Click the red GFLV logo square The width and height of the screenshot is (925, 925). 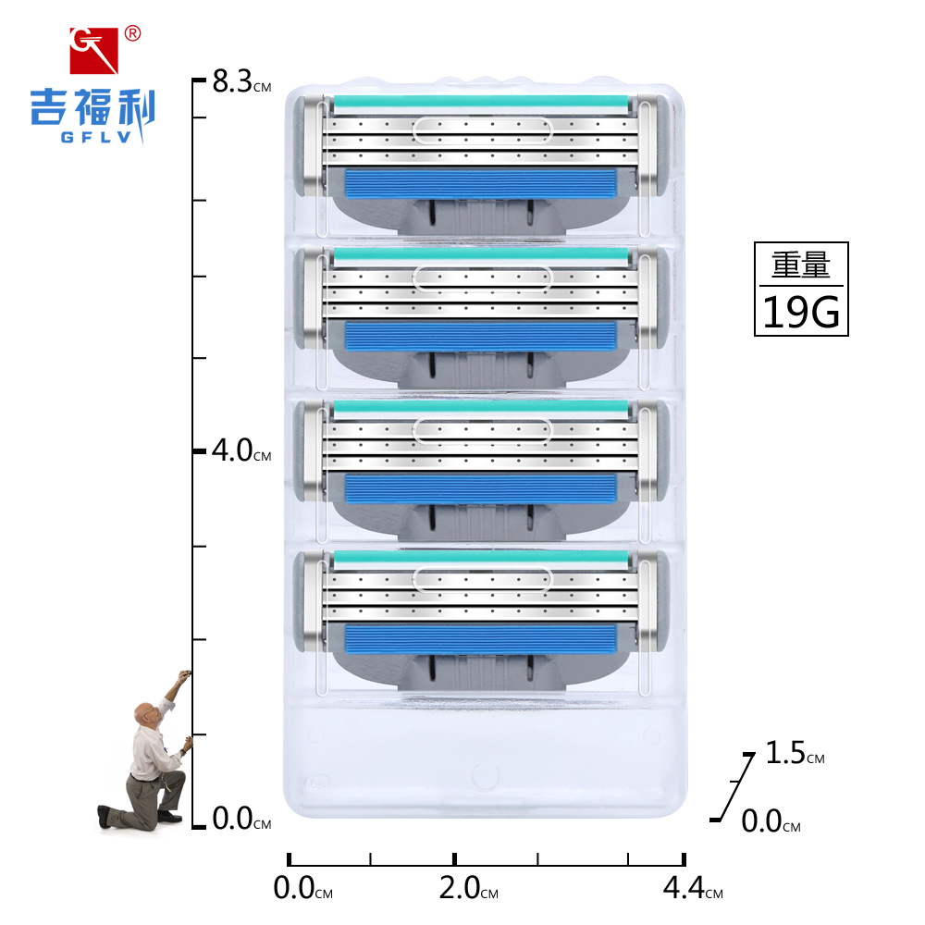pyautogui.click(x=93, y=50)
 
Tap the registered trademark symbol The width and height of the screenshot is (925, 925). pyautogui.click(x=132, y=33)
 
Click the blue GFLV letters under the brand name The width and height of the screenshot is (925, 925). pyautogui.click(x=95, y=138)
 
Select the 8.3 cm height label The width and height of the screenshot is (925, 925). pyautogui.click(x=241, y=81)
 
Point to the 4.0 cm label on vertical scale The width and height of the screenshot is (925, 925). pyautogui.click(x=241, y=450)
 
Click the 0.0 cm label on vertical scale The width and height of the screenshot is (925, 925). pyautogui.click(x=241, y=819)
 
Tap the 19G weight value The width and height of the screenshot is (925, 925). pyautogui.click(x=801, y=312)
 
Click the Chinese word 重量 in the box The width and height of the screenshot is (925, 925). pyautogui.click(x=801, y=265)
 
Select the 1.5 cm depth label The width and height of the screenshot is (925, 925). pyautogui.click(x=795, y=753)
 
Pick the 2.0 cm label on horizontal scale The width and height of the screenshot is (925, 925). pyautogui.click(x=468, y=888)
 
